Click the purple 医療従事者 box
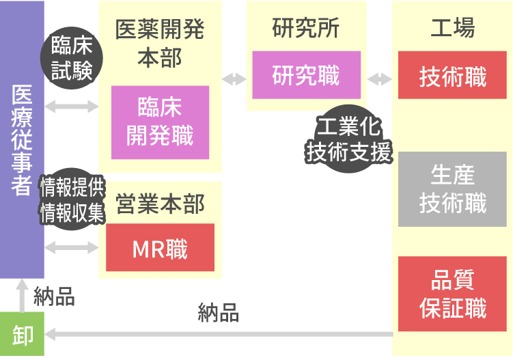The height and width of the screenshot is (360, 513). (22, 139)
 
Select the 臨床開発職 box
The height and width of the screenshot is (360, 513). (161, 122)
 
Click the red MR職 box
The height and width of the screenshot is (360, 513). (160, 248)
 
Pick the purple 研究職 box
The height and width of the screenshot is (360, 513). (305, 75)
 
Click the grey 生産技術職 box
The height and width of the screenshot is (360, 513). (452, 189)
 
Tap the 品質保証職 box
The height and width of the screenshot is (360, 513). (452, 294)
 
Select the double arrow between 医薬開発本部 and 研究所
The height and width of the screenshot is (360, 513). (234, 79)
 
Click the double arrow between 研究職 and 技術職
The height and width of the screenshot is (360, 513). (380, 79)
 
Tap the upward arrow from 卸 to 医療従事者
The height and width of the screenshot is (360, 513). (22, 294)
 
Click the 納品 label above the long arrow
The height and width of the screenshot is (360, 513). (218, 313)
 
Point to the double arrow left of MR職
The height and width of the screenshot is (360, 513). (72, 247)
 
